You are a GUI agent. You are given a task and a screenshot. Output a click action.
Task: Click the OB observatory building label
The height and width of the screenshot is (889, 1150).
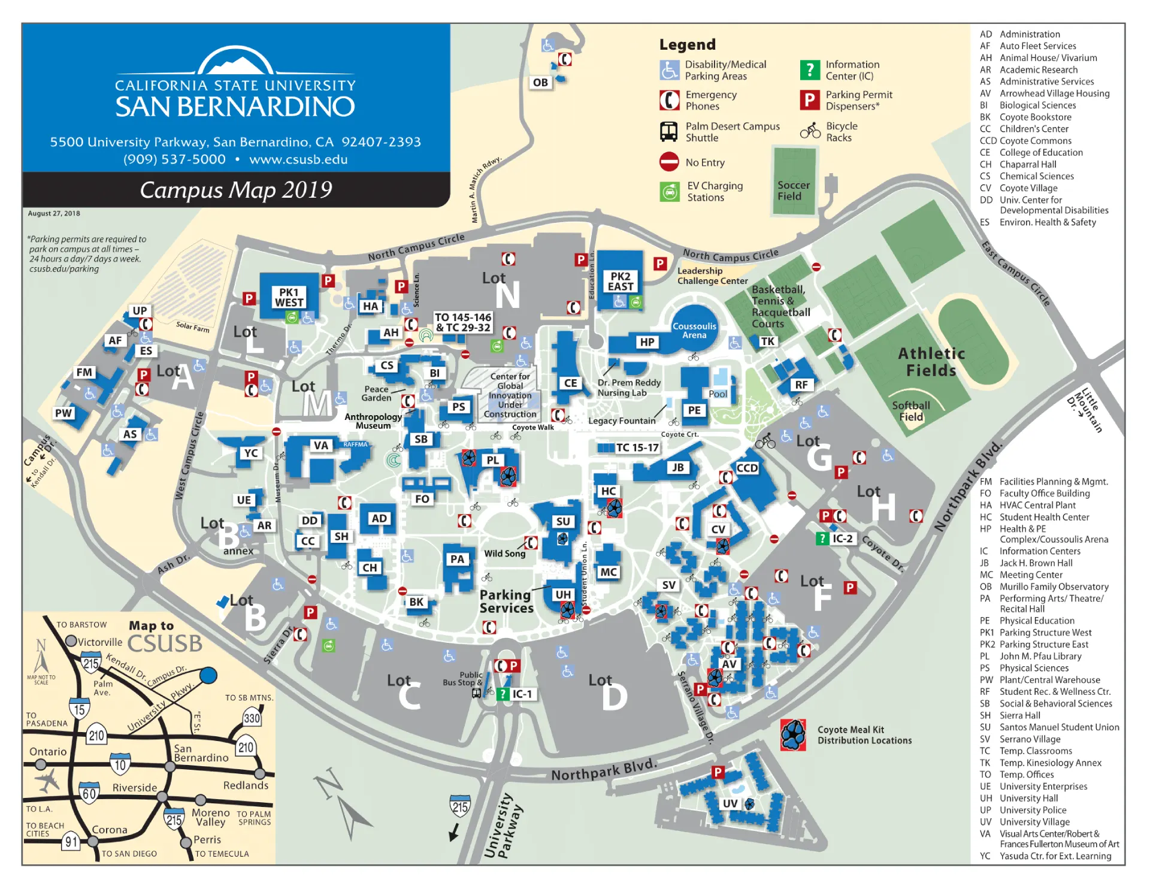coord(540,83)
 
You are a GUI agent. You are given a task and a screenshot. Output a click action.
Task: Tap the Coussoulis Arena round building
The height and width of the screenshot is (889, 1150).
coord(694,329)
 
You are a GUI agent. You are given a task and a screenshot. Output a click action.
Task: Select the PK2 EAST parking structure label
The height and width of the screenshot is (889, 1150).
coord(621,281)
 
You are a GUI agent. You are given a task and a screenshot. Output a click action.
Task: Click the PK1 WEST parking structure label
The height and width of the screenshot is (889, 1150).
coord(289,297)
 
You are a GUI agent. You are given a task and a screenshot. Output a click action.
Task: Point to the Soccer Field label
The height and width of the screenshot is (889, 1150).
coord(793,190)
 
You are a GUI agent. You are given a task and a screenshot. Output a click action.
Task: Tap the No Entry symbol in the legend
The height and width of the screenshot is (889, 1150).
coord(669,162)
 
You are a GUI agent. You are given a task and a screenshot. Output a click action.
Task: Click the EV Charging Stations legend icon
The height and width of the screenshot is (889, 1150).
coord(669,192)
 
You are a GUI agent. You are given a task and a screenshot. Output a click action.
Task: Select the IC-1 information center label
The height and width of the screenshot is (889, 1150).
coord(522,694)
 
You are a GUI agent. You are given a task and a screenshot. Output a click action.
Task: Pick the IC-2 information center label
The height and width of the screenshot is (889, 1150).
coord(842,538)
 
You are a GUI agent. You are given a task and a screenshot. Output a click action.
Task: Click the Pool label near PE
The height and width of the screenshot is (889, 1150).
coord(718,394)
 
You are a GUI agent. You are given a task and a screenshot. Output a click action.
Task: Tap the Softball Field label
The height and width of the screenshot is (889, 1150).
coord(910,411)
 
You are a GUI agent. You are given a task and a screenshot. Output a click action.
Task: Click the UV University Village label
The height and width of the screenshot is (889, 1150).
coord(730,803)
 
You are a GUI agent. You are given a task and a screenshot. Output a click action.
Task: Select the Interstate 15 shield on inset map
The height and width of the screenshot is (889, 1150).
coord(80,709)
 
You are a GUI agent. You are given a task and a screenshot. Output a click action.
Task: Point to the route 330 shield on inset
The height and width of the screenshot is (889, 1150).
coord(252,718)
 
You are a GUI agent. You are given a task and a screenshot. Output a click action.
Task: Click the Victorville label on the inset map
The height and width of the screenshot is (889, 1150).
coord(99,642)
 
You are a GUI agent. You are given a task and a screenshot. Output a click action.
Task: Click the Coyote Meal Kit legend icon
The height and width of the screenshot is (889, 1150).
coord(792,734)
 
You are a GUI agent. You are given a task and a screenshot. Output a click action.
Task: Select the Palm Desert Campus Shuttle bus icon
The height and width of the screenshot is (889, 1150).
coord(668,131)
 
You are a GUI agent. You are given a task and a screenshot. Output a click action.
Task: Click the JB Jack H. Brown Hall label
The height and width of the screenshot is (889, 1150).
coord(677,467)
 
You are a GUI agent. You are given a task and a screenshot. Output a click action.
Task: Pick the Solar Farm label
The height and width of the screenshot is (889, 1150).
coord(192,326)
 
